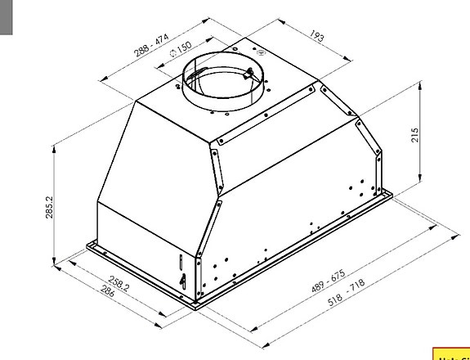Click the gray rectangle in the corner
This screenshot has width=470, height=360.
[x=7, y=16]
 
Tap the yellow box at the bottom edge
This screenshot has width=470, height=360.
[x=450, y=353]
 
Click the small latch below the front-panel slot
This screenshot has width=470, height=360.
[x=182, y=281]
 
